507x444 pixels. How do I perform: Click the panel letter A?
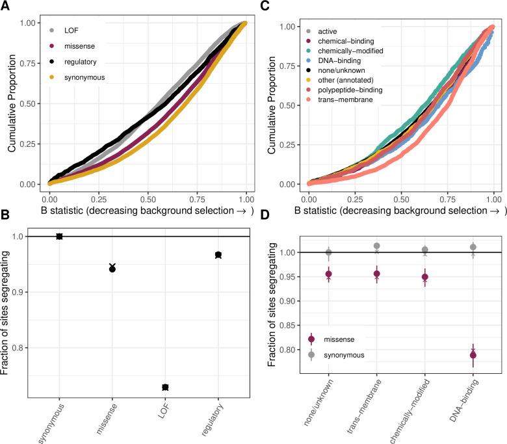pos(5,6)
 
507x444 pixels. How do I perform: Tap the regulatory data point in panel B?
pos(218,255)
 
